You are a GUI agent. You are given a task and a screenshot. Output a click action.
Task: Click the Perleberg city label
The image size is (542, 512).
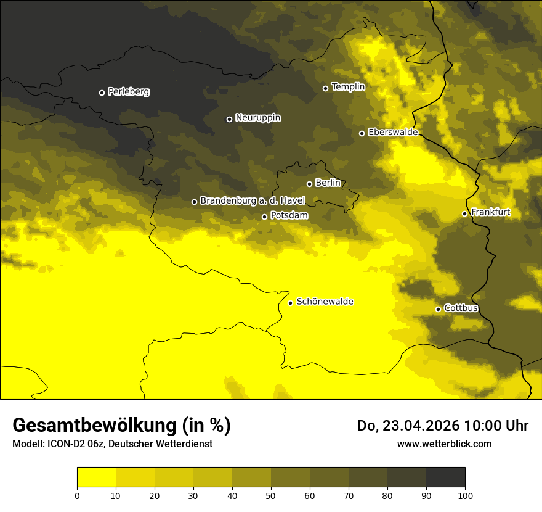128,92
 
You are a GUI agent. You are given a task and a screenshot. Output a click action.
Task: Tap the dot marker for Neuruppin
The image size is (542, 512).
229,119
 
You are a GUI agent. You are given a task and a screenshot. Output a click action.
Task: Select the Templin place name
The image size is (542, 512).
348,87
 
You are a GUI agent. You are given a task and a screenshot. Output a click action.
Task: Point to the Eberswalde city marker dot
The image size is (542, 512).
362,133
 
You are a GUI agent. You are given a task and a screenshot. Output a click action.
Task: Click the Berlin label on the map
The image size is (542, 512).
328,183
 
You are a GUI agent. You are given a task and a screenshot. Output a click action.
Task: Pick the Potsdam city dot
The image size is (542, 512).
264,217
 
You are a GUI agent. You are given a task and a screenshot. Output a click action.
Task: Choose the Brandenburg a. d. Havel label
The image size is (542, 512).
252,201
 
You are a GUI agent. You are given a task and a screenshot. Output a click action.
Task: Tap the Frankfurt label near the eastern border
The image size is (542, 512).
490,213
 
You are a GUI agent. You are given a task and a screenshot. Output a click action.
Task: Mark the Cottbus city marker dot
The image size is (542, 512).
438,309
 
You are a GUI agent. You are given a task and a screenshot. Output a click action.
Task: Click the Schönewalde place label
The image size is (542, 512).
325,302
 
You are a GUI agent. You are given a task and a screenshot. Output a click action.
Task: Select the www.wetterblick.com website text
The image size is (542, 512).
444,444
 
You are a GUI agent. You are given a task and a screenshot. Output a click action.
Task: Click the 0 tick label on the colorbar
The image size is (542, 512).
77,495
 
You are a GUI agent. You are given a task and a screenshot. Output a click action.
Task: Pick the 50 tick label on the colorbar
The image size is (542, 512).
271,495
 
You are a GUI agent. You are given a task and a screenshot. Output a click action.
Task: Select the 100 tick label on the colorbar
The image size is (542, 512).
464,495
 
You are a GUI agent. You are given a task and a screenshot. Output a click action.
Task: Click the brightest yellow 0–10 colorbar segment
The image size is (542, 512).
96,477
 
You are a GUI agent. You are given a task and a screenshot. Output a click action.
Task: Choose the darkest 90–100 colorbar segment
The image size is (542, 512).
445,477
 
